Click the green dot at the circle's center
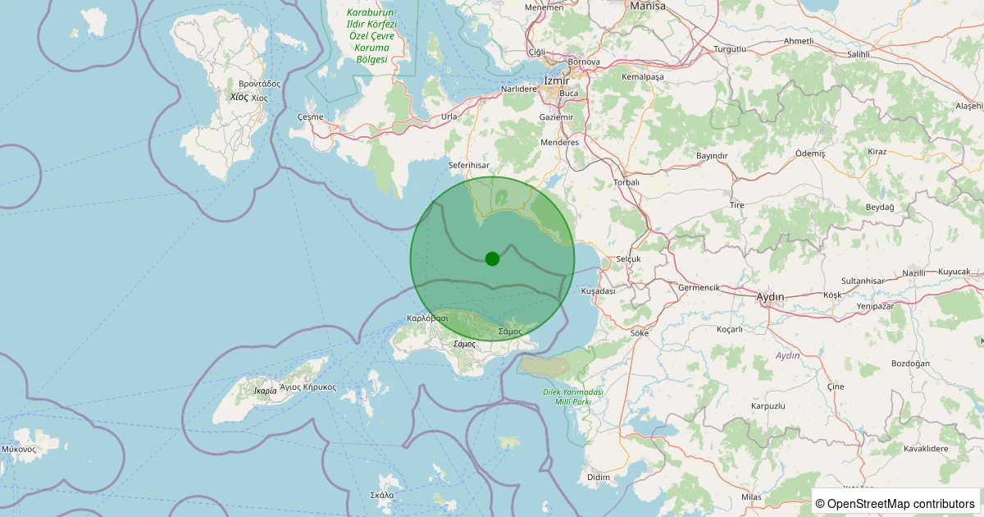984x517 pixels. tap(492, 258)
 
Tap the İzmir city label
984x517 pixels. tap(557, 80)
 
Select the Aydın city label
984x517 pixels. tap(770, 296)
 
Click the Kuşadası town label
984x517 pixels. tap(598, 291)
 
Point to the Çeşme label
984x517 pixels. tap(311, 117)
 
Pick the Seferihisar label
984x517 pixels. tap(469, 165)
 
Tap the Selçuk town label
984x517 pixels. tap(627, 258)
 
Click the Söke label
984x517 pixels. tap(640, 333)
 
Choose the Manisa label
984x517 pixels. tap(648, 6)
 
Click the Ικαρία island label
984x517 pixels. tap(265, 391)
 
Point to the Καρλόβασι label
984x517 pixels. tap(427, 318)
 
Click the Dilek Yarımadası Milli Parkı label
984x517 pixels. tap(573, 397)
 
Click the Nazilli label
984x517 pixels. tap(913, 272)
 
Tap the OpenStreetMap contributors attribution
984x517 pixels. tap(895, 503)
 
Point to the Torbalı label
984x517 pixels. tap(626, 182)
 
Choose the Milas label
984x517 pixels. tap(751, 497)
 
